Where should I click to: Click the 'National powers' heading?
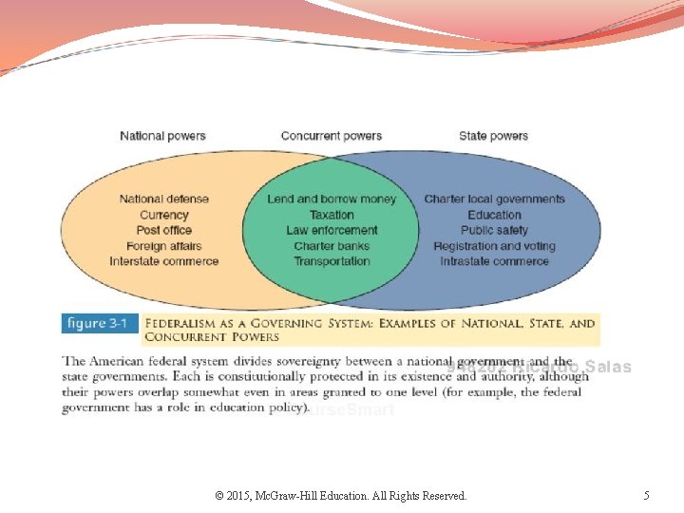click(162, 136)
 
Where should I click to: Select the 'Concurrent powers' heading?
click(332, 136)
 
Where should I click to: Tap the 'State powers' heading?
click(493, 136)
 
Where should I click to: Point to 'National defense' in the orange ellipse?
click(164, 199)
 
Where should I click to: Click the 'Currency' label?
click(164, 215)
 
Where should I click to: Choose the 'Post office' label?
click(164, 230)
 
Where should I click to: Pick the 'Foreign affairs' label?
click(164, 246)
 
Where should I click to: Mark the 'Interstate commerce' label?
click(164, 261)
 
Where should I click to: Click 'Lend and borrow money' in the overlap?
click(332, 199)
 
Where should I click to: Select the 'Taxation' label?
click(332, 215)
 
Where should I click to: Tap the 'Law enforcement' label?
click(332, 230)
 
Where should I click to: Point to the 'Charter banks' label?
click(332, 246)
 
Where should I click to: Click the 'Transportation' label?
click(332, 261)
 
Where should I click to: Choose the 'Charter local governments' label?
click(494, 199)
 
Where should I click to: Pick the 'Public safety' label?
click(494, 230)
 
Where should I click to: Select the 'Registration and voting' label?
click(494, 246)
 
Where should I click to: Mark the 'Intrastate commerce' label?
click(494, 261)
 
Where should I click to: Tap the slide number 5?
click(646, 495)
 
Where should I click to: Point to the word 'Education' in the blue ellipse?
click(494, 215)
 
